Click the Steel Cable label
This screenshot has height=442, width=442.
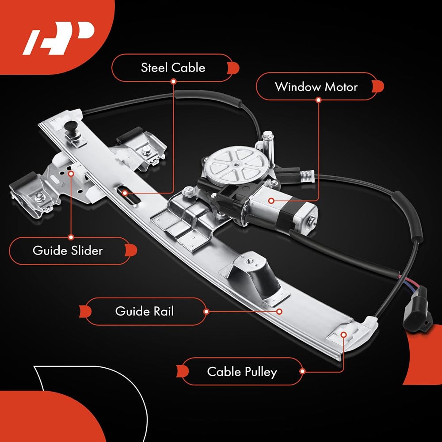173,68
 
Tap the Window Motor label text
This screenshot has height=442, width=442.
316,87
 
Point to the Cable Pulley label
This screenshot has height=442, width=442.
242,371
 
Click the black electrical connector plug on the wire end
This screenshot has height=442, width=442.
417,309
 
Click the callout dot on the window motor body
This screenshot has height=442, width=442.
271,201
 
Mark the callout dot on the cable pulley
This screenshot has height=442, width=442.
343,335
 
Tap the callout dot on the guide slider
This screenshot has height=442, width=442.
71,173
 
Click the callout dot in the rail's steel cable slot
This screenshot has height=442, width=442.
125,193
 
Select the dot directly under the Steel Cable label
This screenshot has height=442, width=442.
174,81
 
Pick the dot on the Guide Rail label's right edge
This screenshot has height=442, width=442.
206,312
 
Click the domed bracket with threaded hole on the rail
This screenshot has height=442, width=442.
254,275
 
